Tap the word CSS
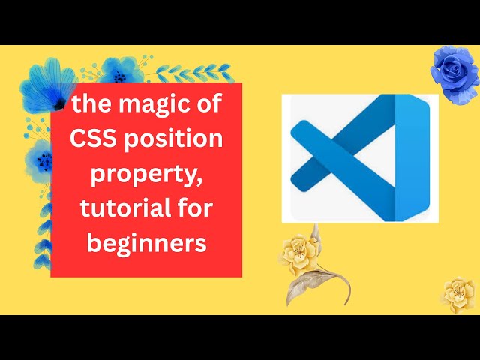point(94,139)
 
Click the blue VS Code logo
point(358,157)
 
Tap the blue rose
point(454,73)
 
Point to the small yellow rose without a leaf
point(457,293)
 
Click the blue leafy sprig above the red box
point(202,73)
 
